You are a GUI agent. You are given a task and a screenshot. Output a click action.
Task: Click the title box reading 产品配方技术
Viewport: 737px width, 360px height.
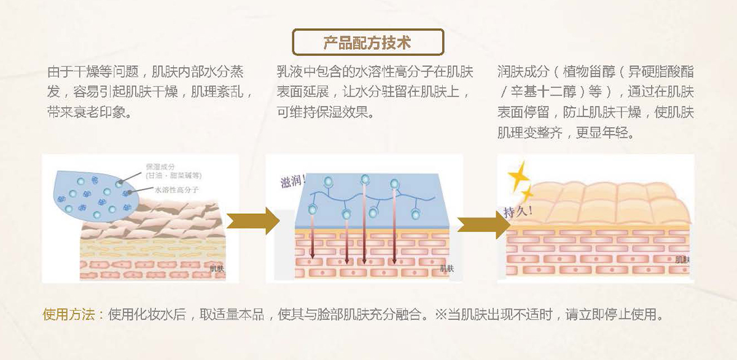click(367, 42)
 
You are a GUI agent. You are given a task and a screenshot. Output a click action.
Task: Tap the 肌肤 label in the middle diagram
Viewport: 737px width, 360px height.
click(446, 268)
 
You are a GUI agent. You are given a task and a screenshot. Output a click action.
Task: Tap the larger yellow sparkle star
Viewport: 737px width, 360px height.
click(519, 176)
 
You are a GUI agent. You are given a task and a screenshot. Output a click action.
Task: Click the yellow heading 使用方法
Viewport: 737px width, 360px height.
click(68, 315)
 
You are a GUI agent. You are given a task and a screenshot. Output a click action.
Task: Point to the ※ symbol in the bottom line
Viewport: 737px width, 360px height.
click(440, 315)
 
